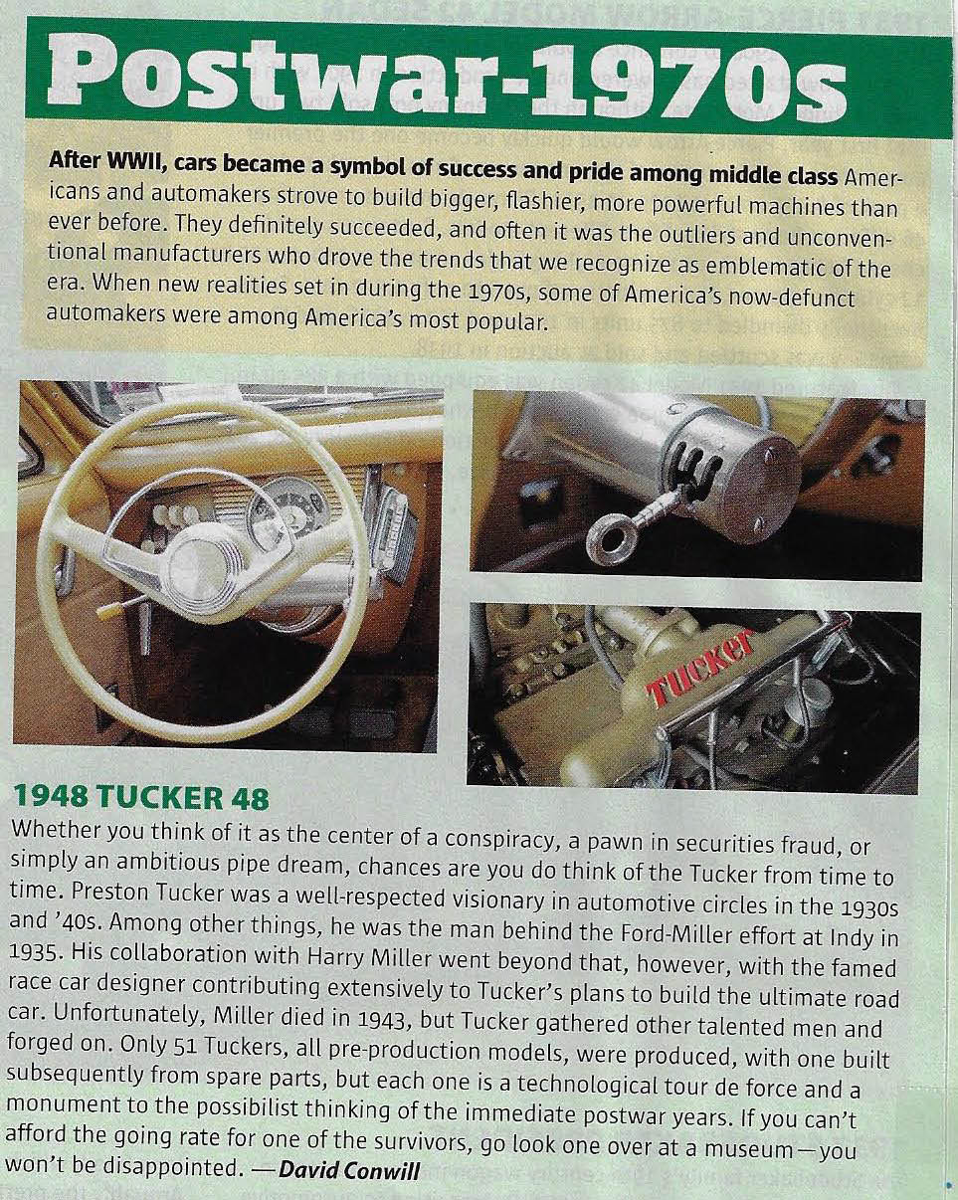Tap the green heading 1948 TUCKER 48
pyautogui.click(x=139, y=798)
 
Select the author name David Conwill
pyautogui.click(x=349, y=1168)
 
